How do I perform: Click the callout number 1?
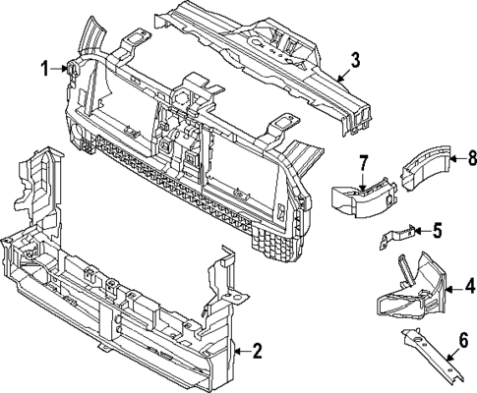pyautogui.click(x=44, y=67)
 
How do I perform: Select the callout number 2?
pyautogui.click(x=258, y=350)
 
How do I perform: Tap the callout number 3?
pyautogui.click(x=355, y=60)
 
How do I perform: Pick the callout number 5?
pyautogui.click(x=437, y=231)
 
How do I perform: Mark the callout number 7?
pyautogui.click(x=362, y=161)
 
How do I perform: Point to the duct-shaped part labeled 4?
pyautogui.click(x=408, y=290)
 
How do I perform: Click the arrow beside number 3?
pyautogui.click(x=341, y=73)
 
